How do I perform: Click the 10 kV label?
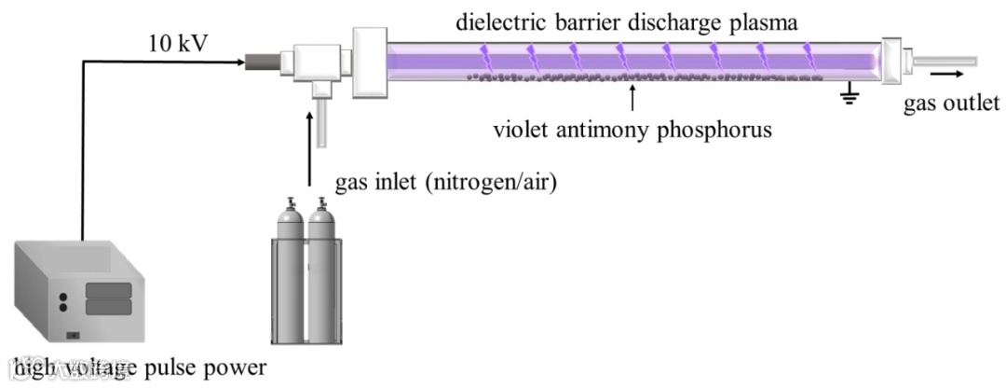coord(176,43)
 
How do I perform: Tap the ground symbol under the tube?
coord(849,94)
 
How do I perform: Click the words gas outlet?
coord(951,103)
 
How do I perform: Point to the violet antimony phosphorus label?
coord(633,130)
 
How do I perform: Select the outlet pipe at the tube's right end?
coord(945,62)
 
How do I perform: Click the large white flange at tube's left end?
coord(368,61)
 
